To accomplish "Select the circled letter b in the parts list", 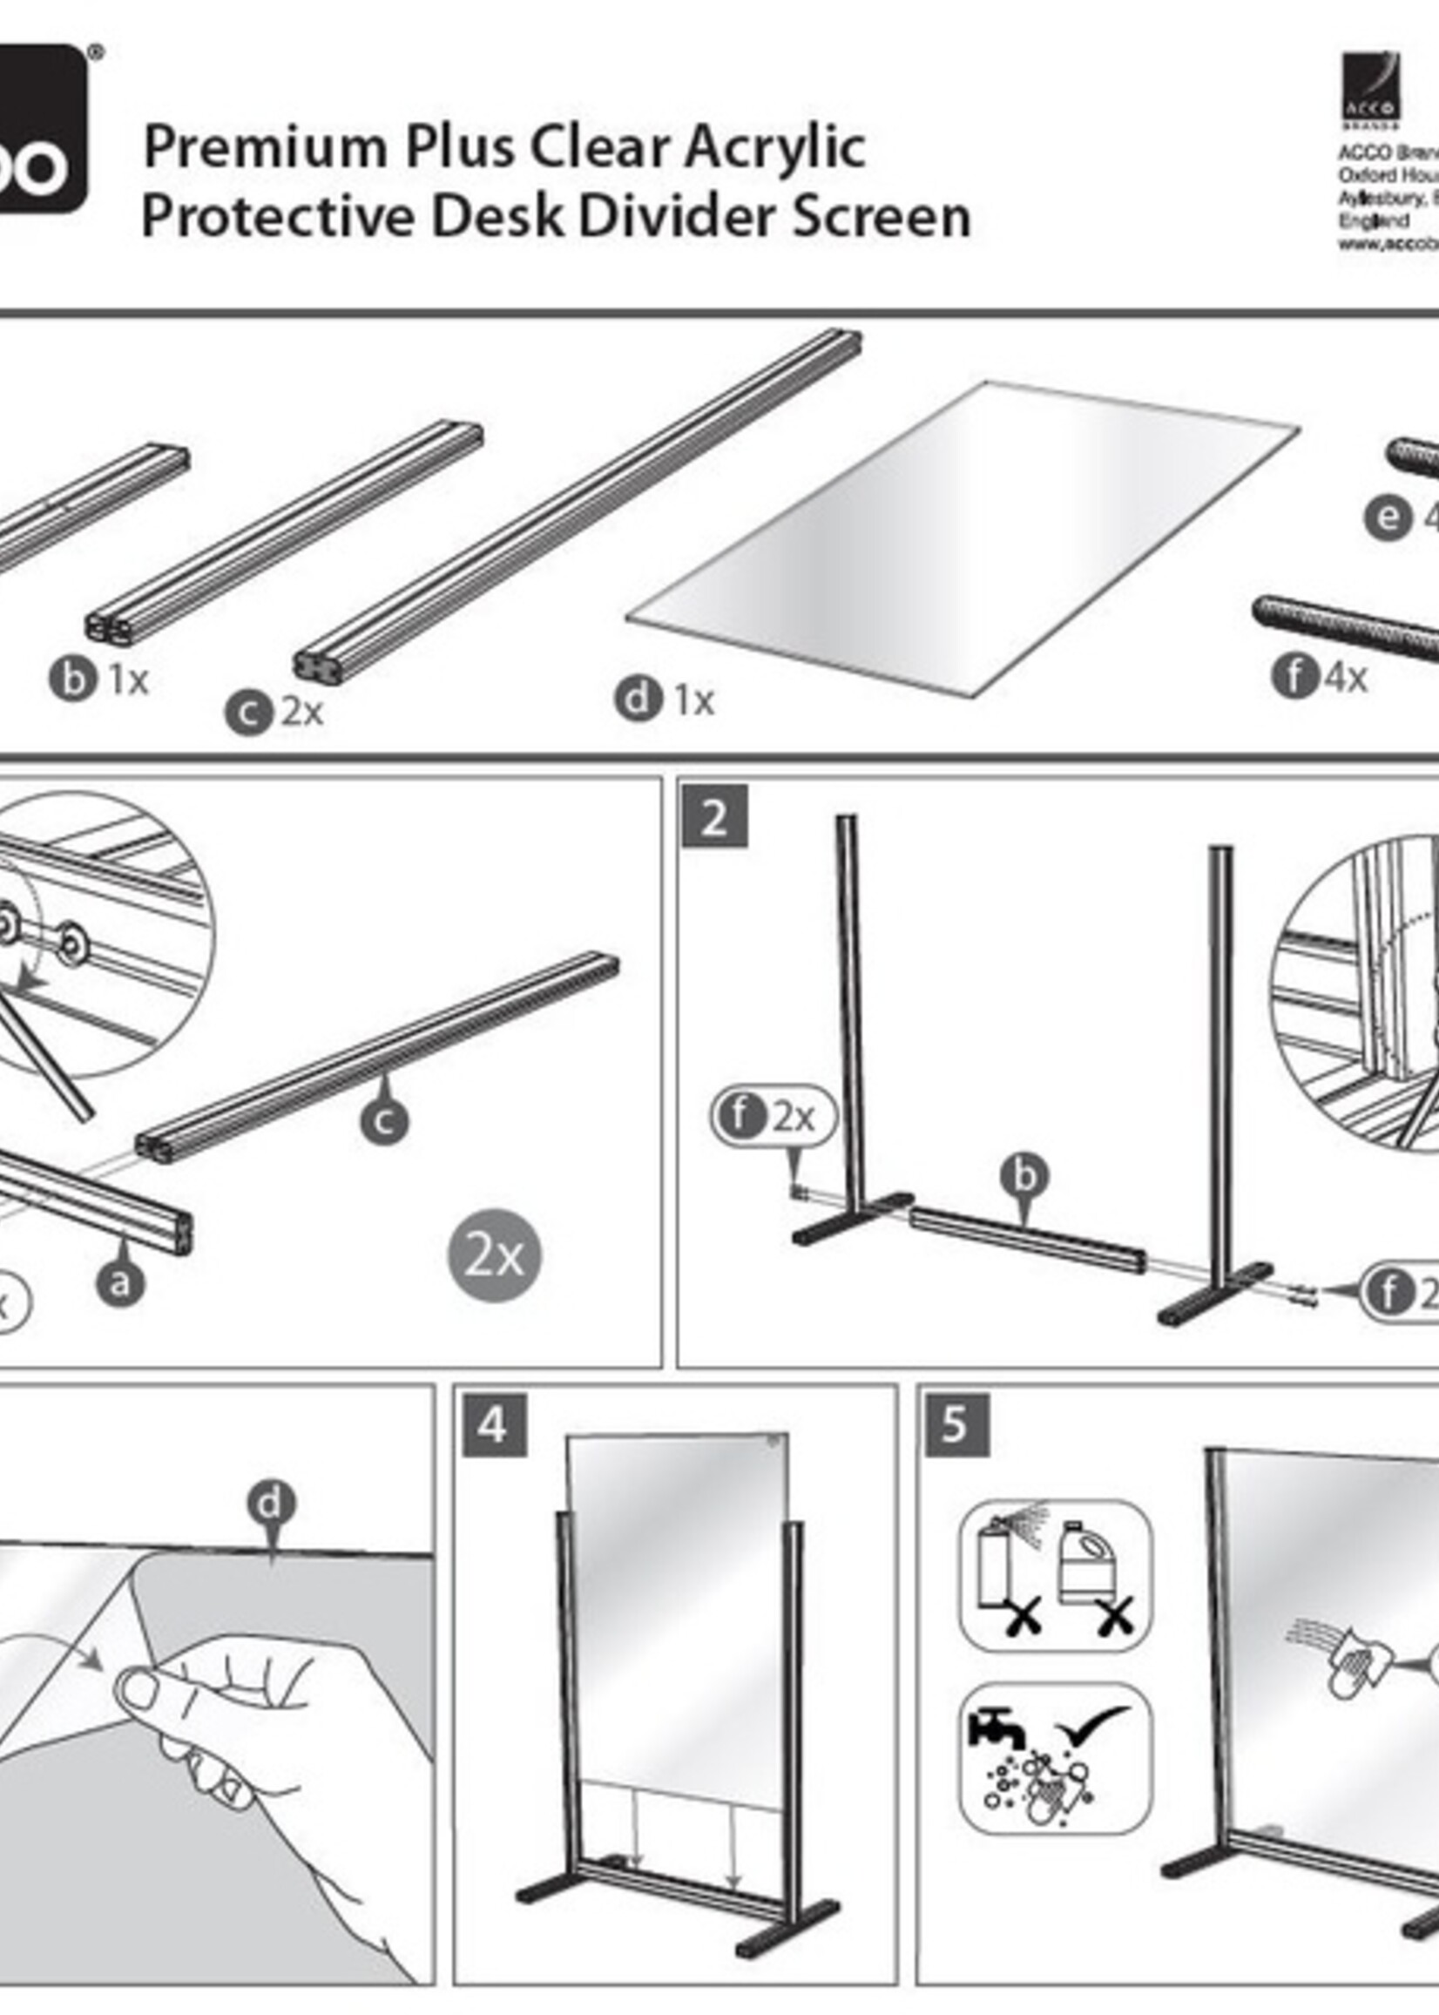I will [x=71, y=680].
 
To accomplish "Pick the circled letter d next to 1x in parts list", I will [x=638, y=700].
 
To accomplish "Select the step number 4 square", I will [x=494, y=1425].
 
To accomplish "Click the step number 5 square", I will [x=956, y=1425].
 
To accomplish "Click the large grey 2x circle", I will [x=494, y=1255].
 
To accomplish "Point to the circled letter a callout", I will [x=120, y=1282].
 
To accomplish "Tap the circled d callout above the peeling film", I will [x=271, y=1503].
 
